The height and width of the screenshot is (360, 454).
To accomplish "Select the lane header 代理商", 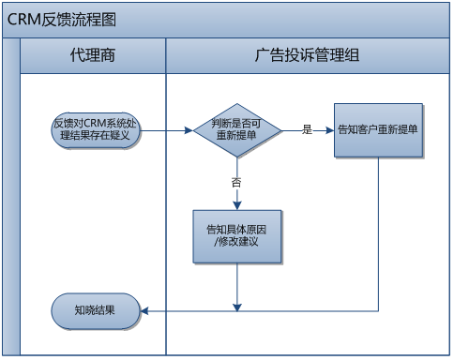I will pyautogui.click(x=92, y=54).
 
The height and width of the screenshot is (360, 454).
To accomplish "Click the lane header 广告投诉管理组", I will pyautogui.click(x=307, y=54).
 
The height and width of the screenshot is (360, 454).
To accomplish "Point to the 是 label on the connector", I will pyautogui.click(x=307, y=130).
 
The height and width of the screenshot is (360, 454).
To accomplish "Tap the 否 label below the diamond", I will pyautogui.click(x=236, y=182).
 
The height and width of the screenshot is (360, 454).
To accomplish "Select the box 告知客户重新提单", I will pyautogui.click(x=377, y=130).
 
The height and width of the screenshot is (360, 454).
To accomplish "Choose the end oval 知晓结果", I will pyautogui.click(x=96, y=309).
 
